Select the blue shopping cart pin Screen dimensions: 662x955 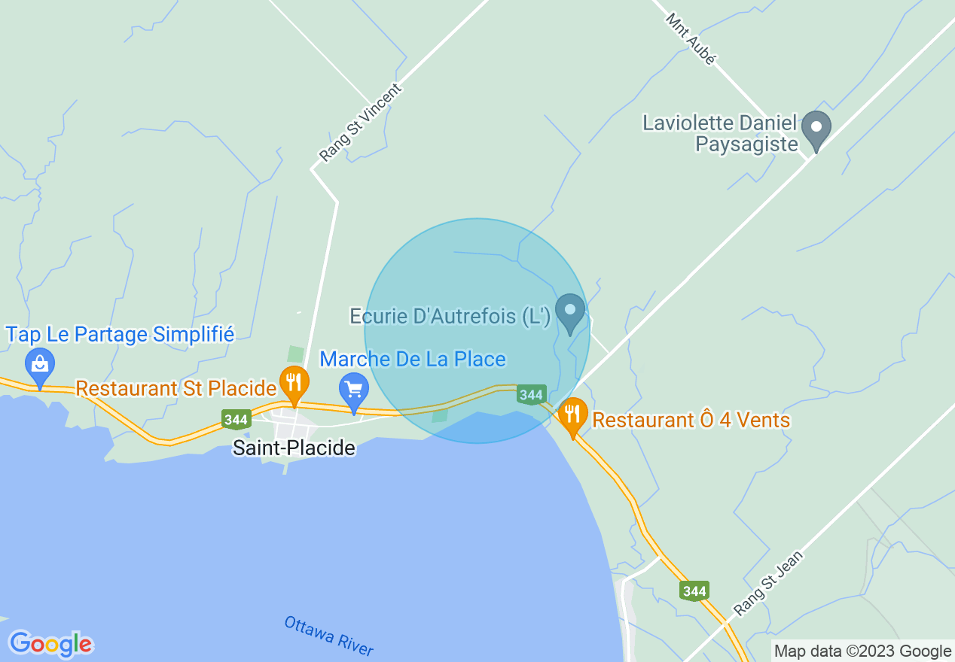(354, 390)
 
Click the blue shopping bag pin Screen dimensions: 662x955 (40, 365)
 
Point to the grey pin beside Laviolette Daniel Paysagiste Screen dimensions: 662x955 (815, 128)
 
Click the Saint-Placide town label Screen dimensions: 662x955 (294, 448)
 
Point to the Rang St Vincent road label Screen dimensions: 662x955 (361, 123)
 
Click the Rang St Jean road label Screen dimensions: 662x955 (769, 584)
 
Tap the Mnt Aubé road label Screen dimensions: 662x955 (690, 38)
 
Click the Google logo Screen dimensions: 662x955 (50, 644)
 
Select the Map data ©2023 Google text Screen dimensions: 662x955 (863, 651)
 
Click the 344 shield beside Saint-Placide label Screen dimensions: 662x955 (236, 419)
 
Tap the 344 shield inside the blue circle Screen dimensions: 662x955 (531, 394)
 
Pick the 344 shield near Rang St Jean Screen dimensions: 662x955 (694, 591)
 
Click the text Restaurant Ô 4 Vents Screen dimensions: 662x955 (691, 420)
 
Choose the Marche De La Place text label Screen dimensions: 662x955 (413, 359)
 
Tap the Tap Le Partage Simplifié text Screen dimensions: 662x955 (121, 334)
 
